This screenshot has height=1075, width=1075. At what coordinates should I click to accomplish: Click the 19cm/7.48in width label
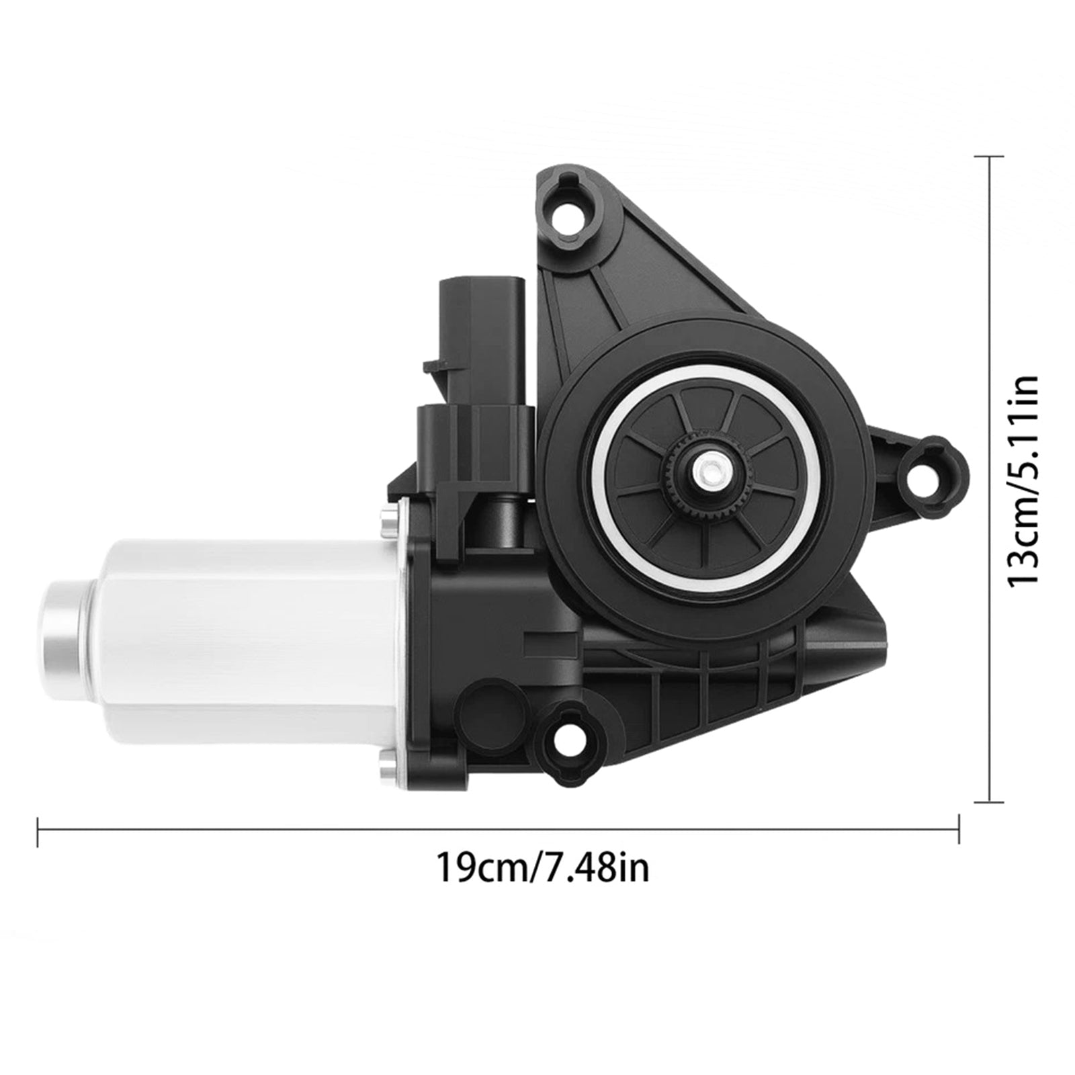543,867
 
